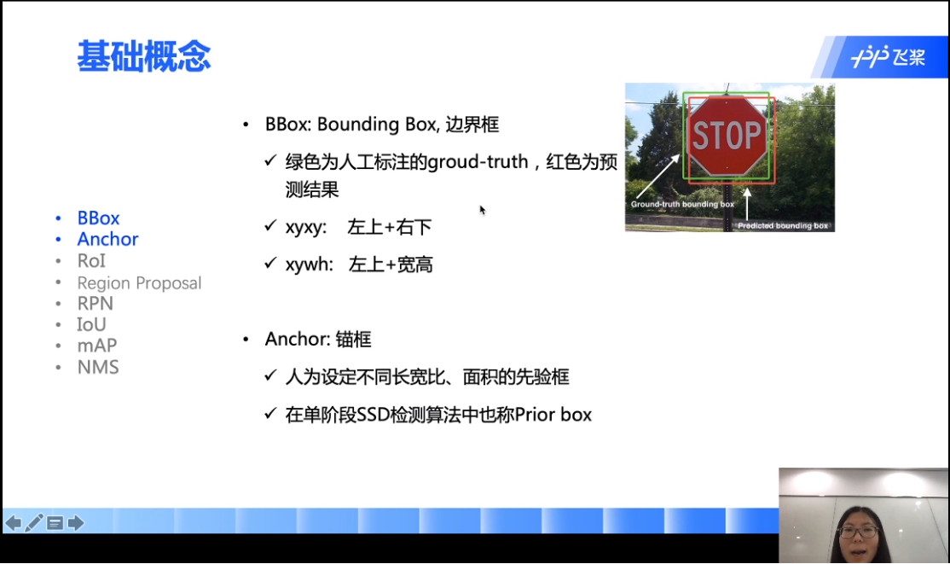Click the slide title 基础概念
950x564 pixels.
point(143,56)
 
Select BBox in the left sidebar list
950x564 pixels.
point(98,218)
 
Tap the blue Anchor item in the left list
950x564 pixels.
point(107,239)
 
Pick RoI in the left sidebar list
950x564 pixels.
point(91,261)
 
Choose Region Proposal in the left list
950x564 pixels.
point(139,283)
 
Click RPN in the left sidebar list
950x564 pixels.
point(96,303)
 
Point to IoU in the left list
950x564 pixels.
point(91,324)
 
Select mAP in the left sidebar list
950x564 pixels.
point(97,346)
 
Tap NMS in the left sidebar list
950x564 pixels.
point(98,367)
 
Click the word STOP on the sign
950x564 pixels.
point(727,135)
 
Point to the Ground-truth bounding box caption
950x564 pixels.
point(682,205)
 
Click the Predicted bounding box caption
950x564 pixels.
point(783,225)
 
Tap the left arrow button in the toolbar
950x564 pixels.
point(14,523)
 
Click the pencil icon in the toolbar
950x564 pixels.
point(34,523)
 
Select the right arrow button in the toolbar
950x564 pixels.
point(76,523)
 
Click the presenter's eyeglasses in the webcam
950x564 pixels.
point(858,532)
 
